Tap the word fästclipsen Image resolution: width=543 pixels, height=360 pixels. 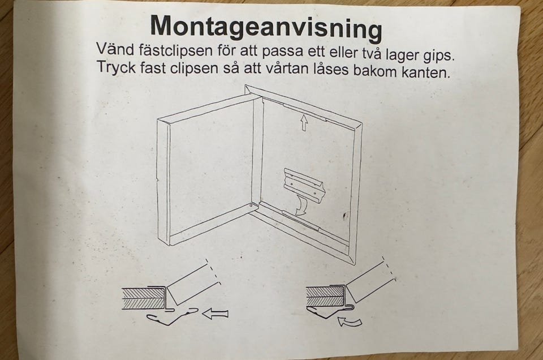(x=175, y=50)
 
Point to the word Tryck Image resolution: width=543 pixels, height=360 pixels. (x=117, y=66)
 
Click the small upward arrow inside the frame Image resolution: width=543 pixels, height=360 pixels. (x=304, y=123)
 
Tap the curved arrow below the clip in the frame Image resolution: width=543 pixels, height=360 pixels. (x=300, y=205)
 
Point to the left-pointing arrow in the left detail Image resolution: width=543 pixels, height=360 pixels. (x=215, y=315)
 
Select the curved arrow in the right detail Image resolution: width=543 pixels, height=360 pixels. (x=350, y=322)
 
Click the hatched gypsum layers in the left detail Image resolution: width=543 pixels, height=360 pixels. (x=144, y=298)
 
